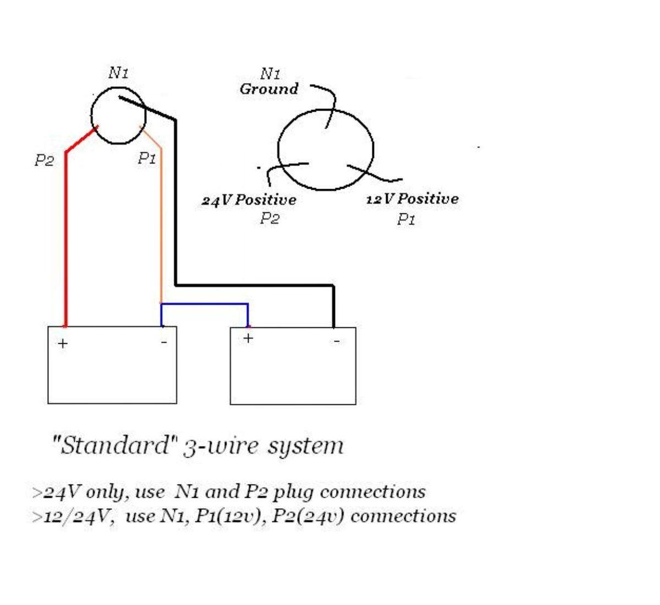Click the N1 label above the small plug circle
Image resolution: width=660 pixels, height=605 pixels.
tap(118, 73)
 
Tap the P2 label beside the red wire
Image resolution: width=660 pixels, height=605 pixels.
tap(45, 160)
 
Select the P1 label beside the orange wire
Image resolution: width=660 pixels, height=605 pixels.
tap(147, 158)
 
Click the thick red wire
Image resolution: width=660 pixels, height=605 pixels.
tap(66, 230)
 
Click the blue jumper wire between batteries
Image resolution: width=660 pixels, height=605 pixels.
tap(204, 304)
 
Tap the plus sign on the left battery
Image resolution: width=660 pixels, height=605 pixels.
tap(63, 344)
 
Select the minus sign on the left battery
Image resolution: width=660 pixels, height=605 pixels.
tap(164, 342)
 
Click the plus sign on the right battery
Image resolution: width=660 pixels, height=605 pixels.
tap(249, 338)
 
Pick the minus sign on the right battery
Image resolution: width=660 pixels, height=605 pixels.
tap(336, 341)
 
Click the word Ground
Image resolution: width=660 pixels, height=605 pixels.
tap(269, 89)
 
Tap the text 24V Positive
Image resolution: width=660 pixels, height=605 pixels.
tap(249, 200)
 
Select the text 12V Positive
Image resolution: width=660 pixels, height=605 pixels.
tap(413, 199)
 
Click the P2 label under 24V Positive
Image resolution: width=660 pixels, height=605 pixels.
tap(269, 218)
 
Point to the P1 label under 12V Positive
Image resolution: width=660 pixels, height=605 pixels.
tap(406, 219)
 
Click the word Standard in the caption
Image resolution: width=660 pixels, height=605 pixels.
tap(115, 446)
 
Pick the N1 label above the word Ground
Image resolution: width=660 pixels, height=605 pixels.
tap(270, 74)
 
